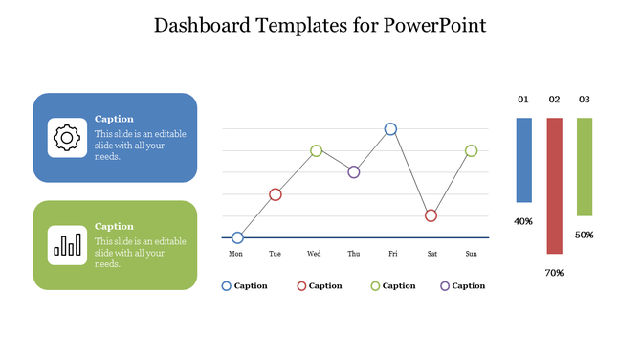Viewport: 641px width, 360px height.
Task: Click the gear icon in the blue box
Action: pyautogui.click(x=65, y=138)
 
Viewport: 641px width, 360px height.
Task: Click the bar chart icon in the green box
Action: pyautogui.click(x=66, y=245)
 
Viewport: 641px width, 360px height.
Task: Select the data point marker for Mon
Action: pyautogui.click(x=237, y=237)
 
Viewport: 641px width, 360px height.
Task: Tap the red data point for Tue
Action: pyautogui.click(x=276, y=194)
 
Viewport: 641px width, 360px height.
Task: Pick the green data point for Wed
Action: pyautogui.click(x=316, y=150)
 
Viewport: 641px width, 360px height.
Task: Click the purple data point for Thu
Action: pyautogui.click(x=354, y=172)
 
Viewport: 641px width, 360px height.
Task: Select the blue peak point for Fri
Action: pyautogui.click(x=390, y=128)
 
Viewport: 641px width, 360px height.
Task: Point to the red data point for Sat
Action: pyautogui.click(x=431, y=215)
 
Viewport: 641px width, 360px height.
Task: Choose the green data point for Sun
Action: pyautogui.click(x=471, y=150)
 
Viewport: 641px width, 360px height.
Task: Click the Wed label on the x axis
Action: pyautogui.click(x=314, y=255)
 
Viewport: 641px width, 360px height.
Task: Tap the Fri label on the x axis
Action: pyautogui.click(x=392, y=255)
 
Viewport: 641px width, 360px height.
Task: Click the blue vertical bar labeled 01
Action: pyautogui.click(x=523, y=160)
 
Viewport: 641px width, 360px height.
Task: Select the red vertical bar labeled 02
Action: pyautogui.click(x=554, y=186)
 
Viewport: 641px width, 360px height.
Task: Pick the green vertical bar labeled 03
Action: pyautogui.click(x=585, y=167)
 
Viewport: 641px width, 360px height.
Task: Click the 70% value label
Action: pyautogui.click(x=554, y=273)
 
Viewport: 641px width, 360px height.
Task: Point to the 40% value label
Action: pyautogui.click(x=523, y=221)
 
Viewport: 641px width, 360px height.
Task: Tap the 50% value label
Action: pyautogui.click(x=585, y=235)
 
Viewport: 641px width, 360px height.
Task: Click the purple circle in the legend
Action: pyautogui.click(x=444, y=285)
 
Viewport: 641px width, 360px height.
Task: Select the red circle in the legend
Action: pyautogui.click(x=302, y=285)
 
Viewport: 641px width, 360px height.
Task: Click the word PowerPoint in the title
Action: pyautogui.click(x=434, y=25)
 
